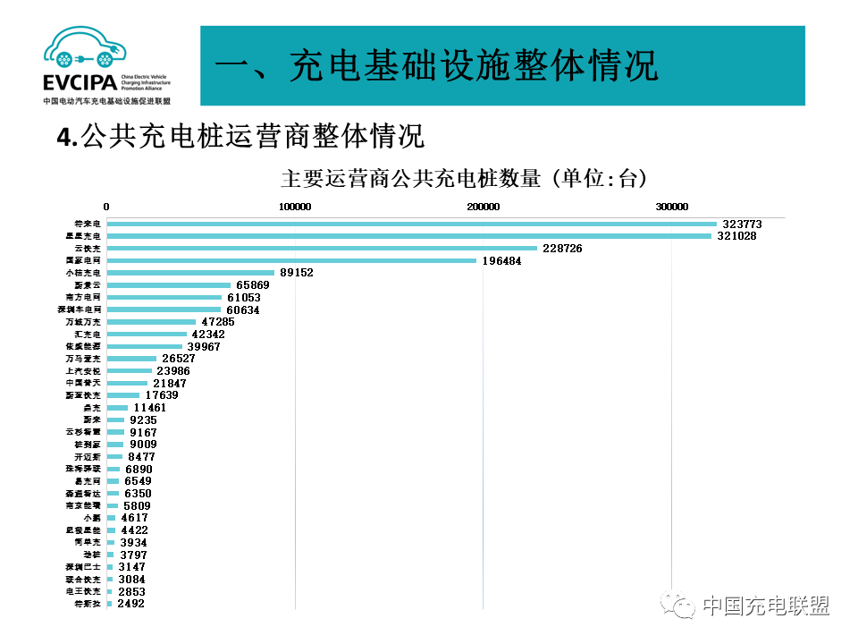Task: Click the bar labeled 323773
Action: [411, 224]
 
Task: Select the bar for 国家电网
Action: [291, 260]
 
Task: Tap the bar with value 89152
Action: [190, 273]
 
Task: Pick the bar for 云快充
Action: [322, 248]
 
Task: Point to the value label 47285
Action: [218, 321]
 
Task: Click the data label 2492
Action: [130, 604]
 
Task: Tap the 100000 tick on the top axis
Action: [295, 207]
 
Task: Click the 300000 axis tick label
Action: [672, 207]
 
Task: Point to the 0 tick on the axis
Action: [106, 207]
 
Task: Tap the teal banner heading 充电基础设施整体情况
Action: [437, 65]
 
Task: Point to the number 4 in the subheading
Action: [63, 136]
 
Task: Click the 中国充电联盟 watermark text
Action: [766, 606]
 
